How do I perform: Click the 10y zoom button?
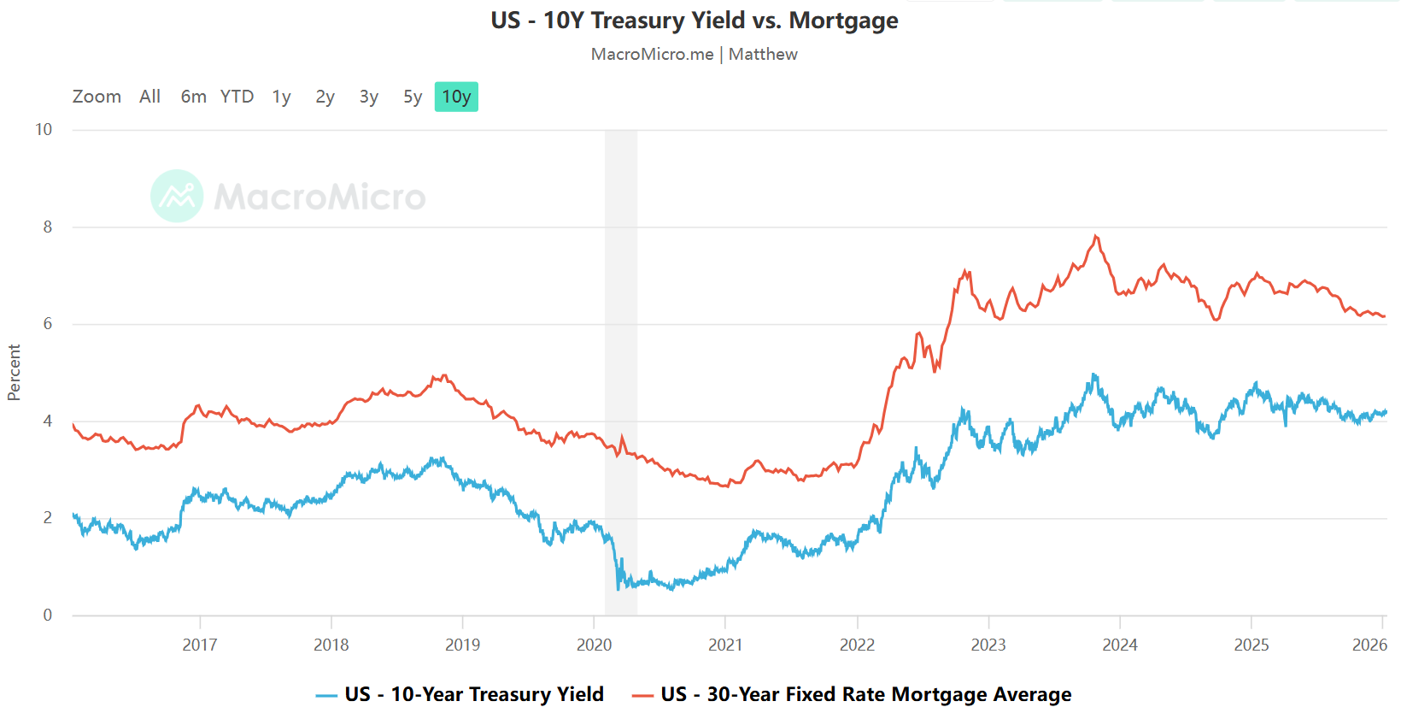456,97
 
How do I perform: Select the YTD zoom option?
237,97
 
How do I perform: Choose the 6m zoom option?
193,97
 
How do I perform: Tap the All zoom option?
149,97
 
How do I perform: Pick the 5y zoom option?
413,97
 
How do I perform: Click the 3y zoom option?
368,97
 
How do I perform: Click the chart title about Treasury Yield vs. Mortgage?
694,21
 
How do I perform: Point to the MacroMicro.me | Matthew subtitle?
694,54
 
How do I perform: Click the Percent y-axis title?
14,373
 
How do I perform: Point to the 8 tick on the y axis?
48,227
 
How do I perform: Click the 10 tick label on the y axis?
44,130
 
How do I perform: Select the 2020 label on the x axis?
594,645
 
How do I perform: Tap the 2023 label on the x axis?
988,645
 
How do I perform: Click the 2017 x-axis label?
199,645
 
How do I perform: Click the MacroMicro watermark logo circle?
177,196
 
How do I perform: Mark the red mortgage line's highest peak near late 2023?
1095,236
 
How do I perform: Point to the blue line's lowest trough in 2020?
618,588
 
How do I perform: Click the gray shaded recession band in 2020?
621,342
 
